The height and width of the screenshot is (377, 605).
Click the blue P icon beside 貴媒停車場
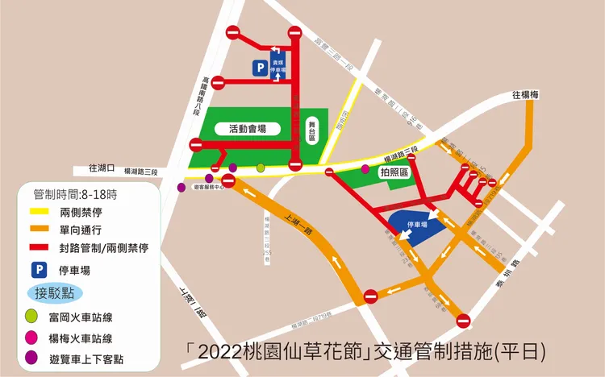click(259, 69)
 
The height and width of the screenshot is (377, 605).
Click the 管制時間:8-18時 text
click(75, 194)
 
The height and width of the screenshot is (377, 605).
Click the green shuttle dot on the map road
click(261, 168)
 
